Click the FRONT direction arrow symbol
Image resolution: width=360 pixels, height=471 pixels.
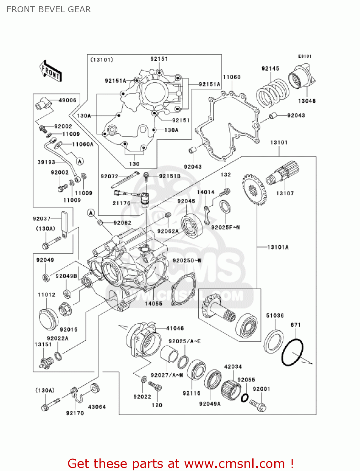click(50, 72)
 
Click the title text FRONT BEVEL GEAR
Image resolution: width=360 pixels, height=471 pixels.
click(49, 9)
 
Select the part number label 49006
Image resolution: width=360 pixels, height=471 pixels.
click(67, 100)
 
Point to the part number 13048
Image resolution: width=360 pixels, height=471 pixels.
click(307, 101)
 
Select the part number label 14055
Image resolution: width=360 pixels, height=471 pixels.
click(153, 303)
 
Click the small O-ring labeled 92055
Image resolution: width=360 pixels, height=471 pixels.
click(245, 398)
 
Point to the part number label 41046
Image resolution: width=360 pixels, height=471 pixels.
click(175, 328)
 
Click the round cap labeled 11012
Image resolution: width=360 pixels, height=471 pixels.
click(48, 319)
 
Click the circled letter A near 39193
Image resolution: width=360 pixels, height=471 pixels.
click(80, 161)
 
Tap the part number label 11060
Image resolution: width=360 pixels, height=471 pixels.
click(232, 77)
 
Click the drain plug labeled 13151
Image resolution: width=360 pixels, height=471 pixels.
click(46, 363)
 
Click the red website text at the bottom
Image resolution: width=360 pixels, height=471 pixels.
click(181, 463)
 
